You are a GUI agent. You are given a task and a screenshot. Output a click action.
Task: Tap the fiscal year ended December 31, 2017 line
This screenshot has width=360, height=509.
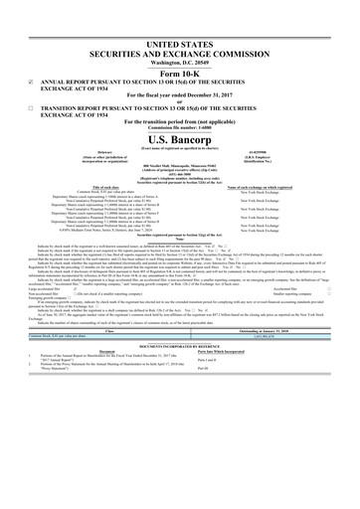point(179,91)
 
